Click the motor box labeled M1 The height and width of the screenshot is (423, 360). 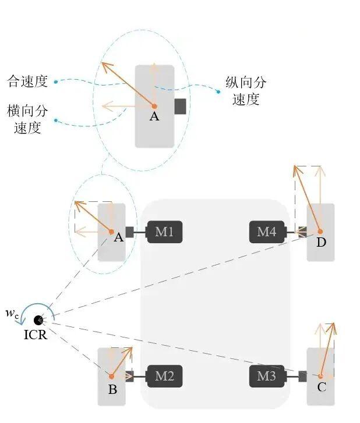tap(164, 232)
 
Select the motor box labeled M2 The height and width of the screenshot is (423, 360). tap(164, 376)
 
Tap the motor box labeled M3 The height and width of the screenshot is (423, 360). tap(267, 376)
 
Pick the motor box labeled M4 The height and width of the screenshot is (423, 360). tap(267, 232)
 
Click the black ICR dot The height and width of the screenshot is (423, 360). tap(38, 320)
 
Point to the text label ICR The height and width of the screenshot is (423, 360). tap(36, 335)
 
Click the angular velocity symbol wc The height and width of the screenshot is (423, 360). tap(12, 313)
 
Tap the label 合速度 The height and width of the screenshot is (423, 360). tap(27, 81)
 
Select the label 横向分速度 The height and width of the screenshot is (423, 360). tap(27, 119)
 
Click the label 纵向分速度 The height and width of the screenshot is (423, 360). tap(246, 91)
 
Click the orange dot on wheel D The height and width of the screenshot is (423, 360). tap(320, 232)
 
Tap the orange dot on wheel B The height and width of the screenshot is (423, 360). tap(111, 376)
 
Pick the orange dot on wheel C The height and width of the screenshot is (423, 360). tap(320, 376)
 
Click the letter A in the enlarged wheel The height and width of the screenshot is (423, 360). tap(154, 116)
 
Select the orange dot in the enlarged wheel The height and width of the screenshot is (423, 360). tap(154, 106)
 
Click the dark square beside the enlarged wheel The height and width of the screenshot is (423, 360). tap(180, 106)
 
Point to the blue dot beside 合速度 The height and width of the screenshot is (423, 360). tap(56, 81)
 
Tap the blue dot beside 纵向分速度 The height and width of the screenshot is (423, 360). tap(218, 92)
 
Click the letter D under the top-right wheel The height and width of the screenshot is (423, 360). tap(321, 243)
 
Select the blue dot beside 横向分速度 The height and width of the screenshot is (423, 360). tap(56, 120)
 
